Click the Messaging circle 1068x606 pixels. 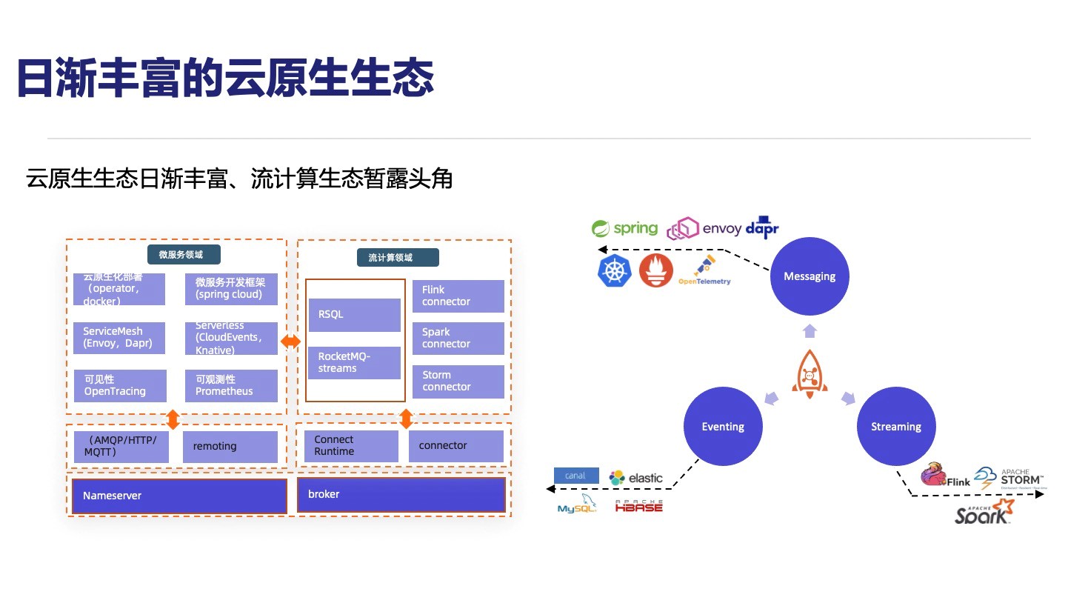click(810, 276)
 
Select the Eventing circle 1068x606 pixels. click(723, 427)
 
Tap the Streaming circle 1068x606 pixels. click(896, 427)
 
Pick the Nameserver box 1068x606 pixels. click(179, 496)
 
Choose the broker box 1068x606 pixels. click(401, 494)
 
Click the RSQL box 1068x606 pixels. click(354, 314)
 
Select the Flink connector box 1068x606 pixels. click(458, 296)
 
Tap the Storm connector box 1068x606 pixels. click(458, 381)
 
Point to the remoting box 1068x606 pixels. click(230, 447)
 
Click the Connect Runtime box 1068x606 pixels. click(350, 446)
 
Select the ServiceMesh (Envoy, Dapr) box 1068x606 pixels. click(119, 338)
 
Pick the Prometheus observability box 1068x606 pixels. click(231, 385)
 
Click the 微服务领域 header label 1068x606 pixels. click(180, 255)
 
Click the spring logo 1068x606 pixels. click(624, 228)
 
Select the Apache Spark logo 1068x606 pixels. click(984, 512)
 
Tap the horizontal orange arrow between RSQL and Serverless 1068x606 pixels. click(291, 342)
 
